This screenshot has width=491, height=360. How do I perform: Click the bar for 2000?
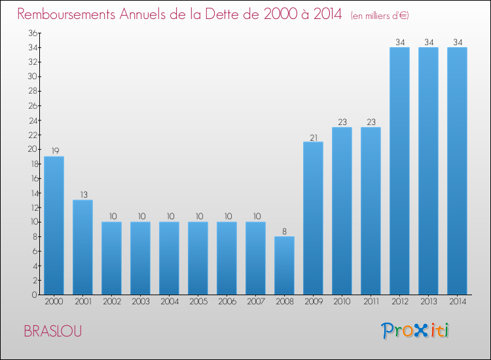pyautogui.click(x=54, y=226)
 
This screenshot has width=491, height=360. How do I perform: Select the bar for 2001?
pyautogui.click(x=82, y=247)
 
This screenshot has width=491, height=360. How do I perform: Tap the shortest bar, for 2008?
pyautogui.click(x=284, y=266)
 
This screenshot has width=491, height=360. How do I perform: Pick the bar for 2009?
pyautogui.click(x=313, y=219)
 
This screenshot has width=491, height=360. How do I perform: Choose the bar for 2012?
pyautogui.click(x=399, y=171)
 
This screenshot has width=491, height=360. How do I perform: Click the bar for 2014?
pyautogui.click(x=457, y=171)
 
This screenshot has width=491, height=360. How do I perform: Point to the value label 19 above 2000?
pyautogui.click(x=54, y=151)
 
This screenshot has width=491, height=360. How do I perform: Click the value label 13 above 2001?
pyautogui.click(x=82, y=194)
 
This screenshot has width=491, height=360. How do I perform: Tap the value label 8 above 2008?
pyautogui.click(x=284, y=231)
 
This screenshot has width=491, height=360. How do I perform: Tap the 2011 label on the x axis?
pyautogui.click(x=371, y=303)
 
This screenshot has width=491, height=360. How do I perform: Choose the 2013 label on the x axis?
pyautogui.click(x=428, y=303)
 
